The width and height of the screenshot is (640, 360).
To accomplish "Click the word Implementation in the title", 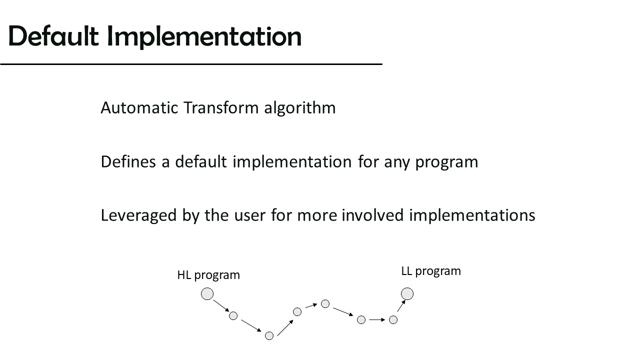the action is pyautogui.click(x=204, y=37).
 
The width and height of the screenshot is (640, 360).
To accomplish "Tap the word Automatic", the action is pyautogui.click(x=139, y=107).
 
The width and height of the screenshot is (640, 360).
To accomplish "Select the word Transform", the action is pyautogui.click(x=221, y=107).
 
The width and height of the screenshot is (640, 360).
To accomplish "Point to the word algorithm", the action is pyautogui.click(x=300, y=108).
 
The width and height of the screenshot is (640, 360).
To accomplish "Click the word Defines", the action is pyautogui.click(x=128, y=161).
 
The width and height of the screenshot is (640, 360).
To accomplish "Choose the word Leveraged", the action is pyautogui.click(x=138, y=216).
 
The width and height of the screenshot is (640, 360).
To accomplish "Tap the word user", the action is pyautogui.click(x=249, y=216).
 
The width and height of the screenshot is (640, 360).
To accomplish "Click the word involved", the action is pyautogui.click(x=372, y=215).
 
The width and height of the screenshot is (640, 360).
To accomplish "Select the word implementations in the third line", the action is pyautogui.click(x=472, y=215).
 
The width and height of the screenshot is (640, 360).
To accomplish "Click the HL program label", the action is pyautogui.click(x=208, y=275).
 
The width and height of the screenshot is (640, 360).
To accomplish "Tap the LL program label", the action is pyautogui.click(x=431, y=271).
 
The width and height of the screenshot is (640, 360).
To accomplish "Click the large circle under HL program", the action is pyautogui.click(x=207, y=293).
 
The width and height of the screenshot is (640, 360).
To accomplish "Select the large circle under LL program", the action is pyautogui.click(x=407, y=293).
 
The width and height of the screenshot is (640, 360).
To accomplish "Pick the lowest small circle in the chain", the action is pyautogui.click(x=269, y=335).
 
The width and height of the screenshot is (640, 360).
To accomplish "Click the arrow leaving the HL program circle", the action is pyautogui.click(x=221, y=305).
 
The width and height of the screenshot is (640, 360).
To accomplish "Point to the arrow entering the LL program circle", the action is pyautogui.click(x=401, y=306).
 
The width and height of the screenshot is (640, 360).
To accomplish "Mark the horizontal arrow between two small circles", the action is pyautogui.click(x=377, y=319).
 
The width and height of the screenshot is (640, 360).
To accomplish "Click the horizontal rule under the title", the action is pyautogui.click(x=191, y=64).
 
